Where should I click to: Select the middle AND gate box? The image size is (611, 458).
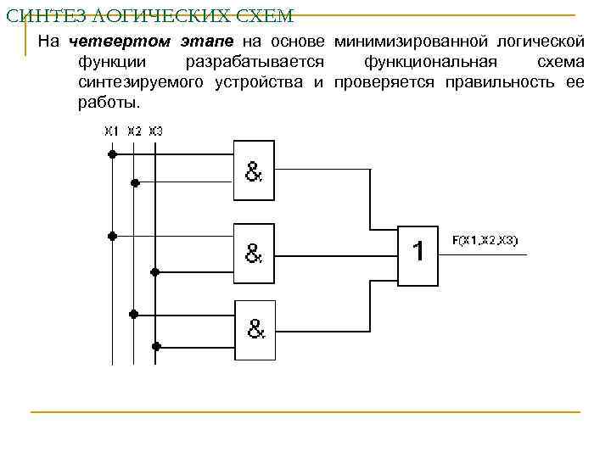click(255, 251)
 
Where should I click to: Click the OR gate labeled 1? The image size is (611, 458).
click(418, 253)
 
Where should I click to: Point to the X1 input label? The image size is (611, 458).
click(111, 131)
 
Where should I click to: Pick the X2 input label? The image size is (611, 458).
click(134, 131)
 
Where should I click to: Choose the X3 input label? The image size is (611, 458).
click(155, 131)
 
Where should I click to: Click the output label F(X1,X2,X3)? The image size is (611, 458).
click(485, 241)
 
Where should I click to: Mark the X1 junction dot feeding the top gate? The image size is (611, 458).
click(111, 155)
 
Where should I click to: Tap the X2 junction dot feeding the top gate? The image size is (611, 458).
click(134, 182)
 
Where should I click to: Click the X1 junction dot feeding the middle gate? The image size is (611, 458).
click(111, 235)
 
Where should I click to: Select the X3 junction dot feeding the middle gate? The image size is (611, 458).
click(155, 271)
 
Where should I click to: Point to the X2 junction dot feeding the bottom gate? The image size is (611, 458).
click(134, 313)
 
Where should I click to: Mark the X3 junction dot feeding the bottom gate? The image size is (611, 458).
click(155, 345)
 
